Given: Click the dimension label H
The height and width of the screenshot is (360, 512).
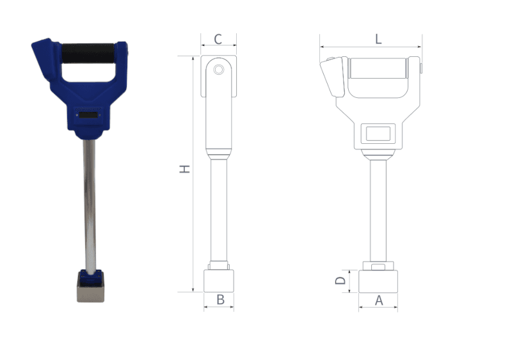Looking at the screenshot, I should point(184,169).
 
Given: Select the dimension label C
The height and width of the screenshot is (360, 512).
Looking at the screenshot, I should point(218,39).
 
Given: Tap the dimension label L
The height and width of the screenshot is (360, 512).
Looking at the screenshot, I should point(378,39).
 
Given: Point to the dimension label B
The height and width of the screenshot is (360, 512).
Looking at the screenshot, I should point(220,299).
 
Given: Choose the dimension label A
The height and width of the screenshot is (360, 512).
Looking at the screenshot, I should point(378,299).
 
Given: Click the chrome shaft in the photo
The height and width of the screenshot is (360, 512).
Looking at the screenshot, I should point(90,205).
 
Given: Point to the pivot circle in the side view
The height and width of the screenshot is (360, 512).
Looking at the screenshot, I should point(219,68).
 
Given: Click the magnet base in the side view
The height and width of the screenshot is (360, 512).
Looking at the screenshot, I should point(219,281).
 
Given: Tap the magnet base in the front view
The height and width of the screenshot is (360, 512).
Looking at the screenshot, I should point(378,281).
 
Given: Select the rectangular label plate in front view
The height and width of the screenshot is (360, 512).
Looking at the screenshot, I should point(378,134).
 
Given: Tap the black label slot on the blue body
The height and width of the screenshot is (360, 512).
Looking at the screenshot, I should point(88,116).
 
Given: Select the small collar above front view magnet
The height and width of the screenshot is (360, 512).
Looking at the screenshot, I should point(378,266).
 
